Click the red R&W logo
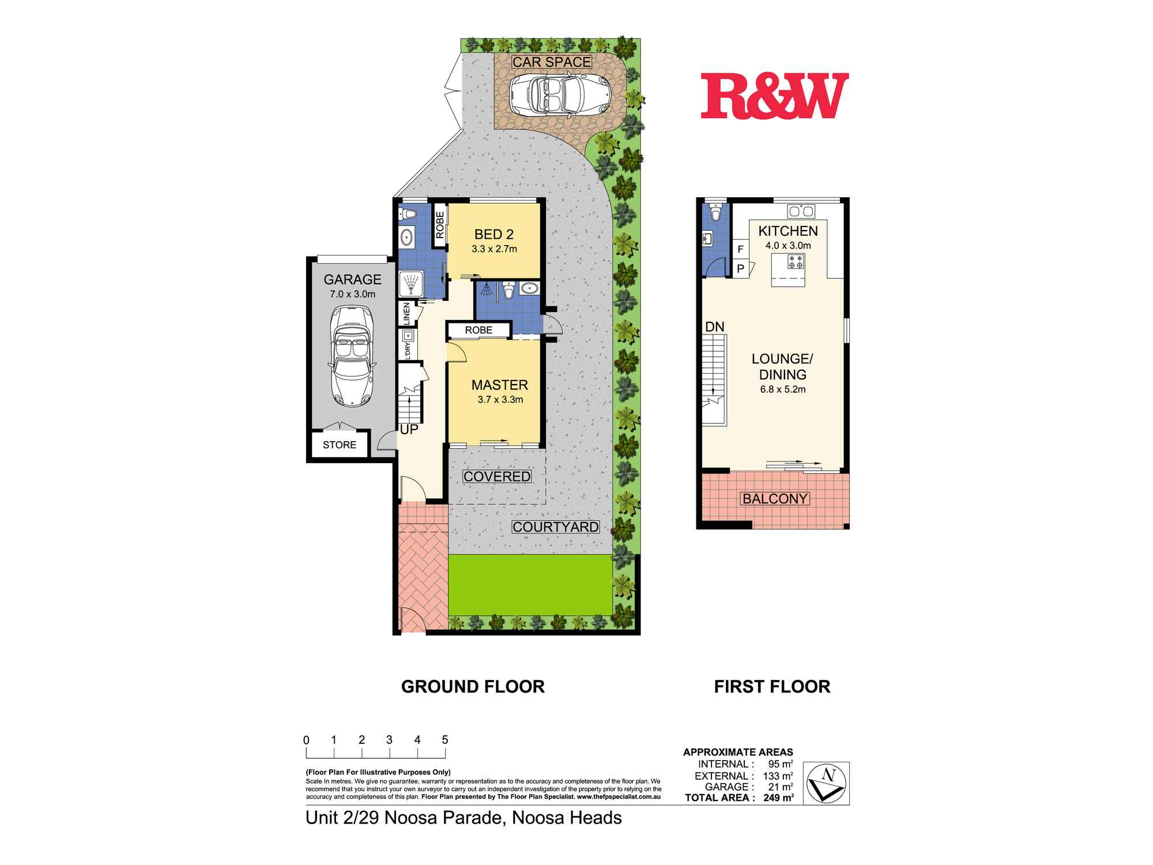pyautogui.click(x=775, y=96)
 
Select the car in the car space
pyautogui.click(x=560, y=95)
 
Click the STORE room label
pyautogui.click(x=340, y=445)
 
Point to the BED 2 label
pyautogui.click(x=494, y=234)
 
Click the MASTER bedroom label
pyautogui.click(x=500, y=385)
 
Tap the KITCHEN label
pyautogui.click(x=788, y=231)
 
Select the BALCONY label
pyautogui.click(x=775, y=498)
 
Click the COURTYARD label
pyautogui.click(x=556, y=526)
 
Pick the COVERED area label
pyautogui.click(x=497, y=476)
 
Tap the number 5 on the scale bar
pyautogui.click(x=445, y=740)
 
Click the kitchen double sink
pyautogui.click(x=801, y=211)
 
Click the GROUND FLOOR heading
pyautogui.click(x=473, y=686)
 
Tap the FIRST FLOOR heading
pyautogui.click(x=773, y=686)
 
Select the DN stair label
pyautogui.click(x=715, y=327)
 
